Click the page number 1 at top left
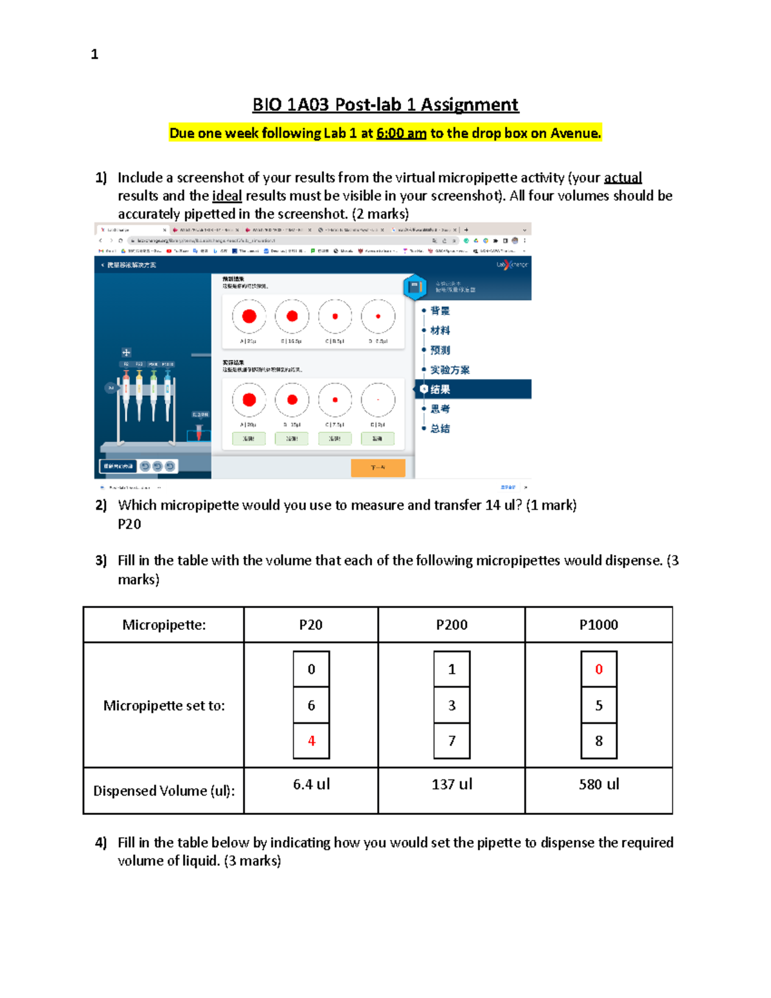94,55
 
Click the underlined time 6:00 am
401,134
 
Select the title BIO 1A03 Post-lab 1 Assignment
385,105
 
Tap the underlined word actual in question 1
622,178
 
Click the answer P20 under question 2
129,524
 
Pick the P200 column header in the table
451,625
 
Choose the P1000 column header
598,625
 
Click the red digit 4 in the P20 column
312,741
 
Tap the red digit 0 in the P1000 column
599,670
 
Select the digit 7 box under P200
452,741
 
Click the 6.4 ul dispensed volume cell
312,784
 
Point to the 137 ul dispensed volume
452,784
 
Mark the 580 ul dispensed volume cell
599,784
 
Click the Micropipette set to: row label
164,706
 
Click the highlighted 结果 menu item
440,389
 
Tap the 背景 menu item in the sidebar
440,311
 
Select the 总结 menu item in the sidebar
440,429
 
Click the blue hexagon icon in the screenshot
415,287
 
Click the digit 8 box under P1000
599,741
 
